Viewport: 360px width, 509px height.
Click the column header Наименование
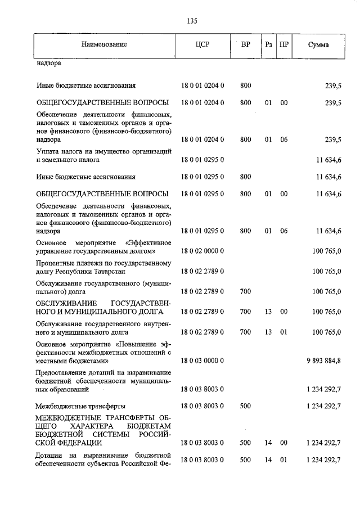tap(103, 44)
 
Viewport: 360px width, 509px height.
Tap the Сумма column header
tap(318, 44)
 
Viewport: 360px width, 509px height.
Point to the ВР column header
tap(245, 44)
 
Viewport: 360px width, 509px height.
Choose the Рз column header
tap(269, 44)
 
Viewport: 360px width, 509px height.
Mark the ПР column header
tap(284, 44)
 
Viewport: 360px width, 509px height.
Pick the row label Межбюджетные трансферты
tap(80, 406)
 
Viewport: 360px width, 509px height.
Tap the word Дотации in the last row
tap(49, 454)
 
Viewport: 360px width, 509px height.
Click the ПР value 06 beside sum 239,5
tap(284, 139)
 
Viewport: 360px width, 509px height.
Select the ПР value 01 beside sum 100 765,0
tap(284, 332)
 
